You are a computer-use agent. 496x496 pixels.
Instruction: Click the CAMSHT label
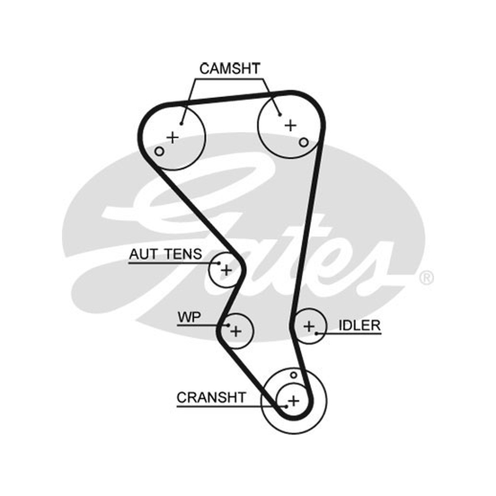[229, 69]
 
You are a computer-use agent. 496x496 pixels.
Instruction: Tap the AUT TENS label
[166, 254]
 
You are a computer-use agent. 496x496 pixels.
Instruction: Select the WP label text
[189, 317]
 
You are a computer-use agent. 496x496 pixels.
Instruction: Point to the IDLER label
[360, 325]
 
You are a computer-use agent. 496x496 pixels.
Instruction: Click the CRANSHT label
[211, 397]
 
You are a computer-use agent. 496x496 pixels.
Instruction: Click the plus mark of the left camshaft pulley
[173, 137]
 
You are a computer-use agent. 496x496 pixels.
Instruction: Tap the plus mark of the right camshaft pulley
[290, 126]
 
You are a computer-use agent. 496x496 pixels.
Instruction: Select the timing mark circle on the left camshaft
[159, 151]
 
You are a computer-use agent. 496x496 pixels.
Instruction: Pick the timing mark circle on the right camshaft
[304, 143]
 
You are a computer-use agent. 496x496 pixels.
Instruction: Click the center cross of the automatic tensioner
[226, 270]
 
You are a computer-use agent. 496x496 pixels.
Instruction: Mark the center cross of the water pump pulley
[236, 332]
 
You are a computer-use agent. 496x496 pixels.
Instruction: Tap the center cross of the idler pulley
[309, 327]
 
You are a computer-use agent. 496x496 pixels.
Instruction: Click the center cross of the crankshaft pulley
[294, 401]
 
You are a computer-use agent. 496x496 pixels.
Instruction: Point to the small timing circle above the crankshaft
[293, 375]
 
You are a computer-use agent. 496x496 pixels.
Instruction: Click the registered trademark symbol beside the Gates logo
[427, 278]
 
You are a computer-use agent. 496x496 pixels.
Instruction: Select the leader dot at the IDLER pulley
[317, 334]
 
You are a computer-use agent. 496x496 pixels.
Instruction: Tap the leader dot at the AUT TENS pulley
[219, 263]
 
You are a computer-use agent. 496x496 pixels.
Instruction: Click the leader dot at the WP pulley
[228, 325]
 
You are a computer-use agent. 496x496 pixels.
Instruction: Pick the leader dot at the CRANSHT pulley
[286, 407]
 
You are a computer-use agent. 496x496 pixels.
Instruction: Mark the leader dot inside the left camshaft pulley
[181, 123]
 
